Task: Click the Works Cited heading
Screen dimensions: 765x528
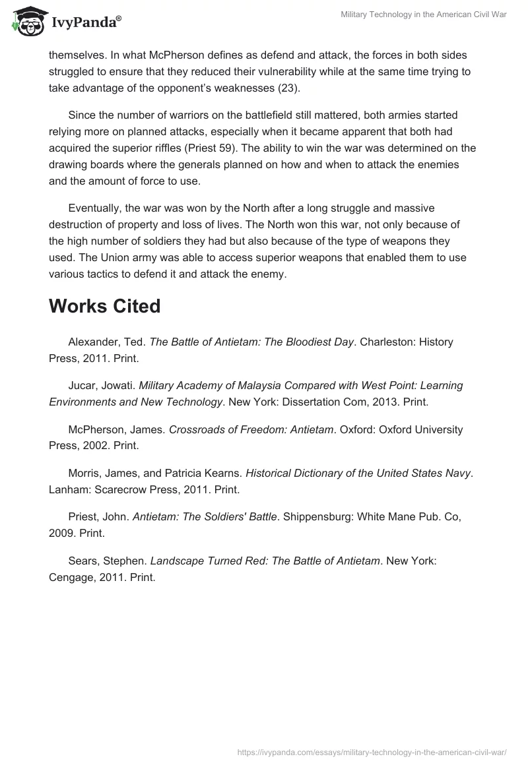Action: (x=104, y=306)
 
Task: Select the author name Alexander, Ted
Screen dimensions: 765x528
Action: (x=106, y=342)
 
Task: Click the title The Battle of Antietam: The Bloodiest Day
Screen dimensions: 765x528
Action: (x=252, y=342)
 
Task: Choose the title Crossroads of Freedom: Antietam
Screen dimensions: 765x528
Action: (x=251, y=429)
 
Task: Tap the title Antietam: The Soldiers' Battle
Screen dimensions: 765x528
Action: (x=205, y=517)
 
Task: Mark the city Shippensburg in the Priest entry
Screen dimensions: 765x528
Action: (x=316, y=517)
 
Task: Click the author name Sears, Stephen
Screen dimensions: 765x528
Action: (x=106, y=561)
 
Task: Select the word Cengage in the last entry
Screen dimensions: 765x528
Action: (x=70, y=576)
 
